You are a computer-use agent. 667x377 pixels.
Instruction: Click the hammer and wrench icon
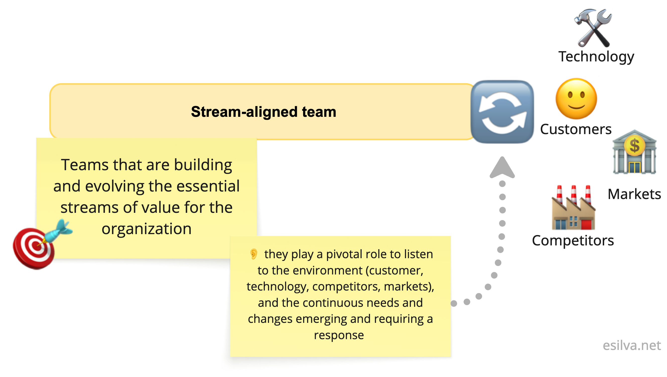(x=593, y=28)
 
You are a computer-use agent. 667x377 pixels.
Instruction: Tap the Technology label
(x=596, y=57)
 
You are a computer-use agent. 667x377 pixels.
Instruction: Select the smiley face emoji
(x=576, y=99)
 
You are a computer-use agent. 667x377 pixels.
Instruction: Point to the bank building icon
(x=634, y=152)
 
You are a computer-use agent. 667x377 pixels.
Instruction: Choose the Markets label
(x=634, y=194)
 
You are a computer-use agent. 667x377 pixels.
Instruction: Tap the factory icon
(x=573, y=207)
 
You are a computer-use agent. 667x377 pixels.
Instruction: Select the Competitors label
(x=573, y=241)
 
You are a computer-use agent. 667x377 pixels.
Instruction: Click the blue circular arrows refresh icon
(x=502, y=112)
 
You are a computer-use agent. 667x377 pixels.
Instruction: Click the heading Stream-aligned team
(x=263, y=112)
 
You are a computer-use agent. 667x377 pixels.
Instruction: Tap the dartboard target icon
(x=34, y=248)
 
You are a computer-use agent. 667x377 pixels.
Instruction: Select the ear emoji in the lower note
(x=254, y=254)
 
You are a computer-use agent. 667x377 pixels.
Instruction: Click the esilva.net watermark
(x=632, y=345)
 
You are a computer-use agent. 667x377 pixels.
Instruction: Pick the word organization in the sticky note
(x=146, y=229)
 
